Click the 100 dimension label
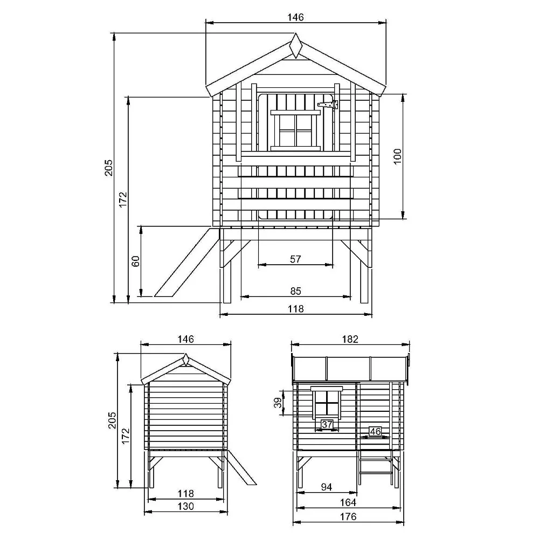pos(398,156)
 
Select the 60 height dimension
pos(136,261)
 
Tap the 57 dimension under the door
pos(295,259)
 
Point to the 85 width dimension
pos(295,291)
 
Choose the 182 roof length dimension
pos(350,339)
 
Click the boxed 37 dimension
pos(327,424)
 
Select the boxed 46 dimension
pos(375,431)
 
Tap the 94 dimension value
pos(327,487)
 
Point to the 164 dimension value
pos(348,502)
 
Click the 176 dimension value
pos(348,516)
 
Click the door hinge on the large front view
pos(327,104)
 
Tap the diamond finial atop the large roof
pos(295,45)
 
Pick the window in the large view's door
pos(295,130)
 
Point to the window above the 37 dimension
pos(327,402)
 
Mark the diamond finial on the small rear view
pos(185,360)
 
